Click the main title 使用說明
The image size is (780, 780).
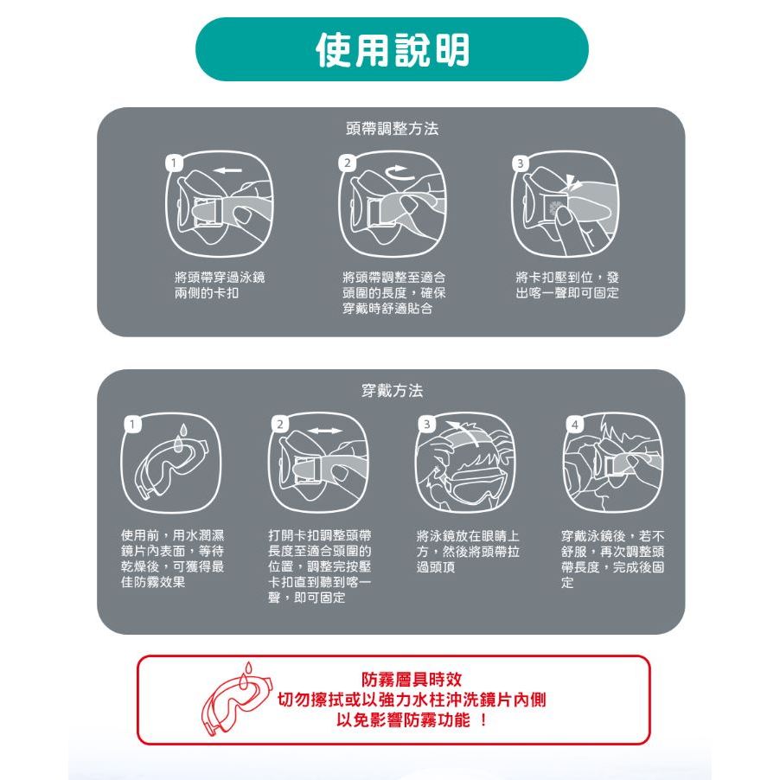pos(393,50)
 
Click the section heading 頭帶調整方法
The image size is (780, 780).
pos(392,129)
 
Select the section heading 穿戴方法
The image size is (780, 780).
pos(392,391)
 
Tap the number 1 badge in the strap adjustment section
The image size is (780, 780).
pos(174,163)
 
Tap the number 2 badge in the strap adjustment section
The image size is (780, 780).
pos(348,163)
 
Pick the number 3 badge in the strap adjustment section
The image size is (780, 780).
pos(521,163)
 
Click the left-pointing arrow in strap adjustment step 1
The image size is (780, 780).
pos(228,170)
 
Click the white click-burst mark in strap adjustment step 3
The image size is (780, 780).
pos(572,183)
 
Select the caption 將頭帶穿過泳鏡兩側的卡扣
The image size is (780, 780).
pos(220,285)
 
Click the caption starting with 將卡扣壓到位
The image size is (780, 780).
pos(567,285)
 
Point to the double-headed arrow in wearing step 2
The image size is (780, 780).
pos(323,431)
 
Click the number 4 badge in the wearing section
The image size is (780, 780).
pos(575,425)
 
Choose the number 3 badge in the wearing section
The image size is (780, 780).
pos(426,425)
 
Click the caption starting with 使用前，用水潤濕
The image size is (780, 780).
pos(173,559)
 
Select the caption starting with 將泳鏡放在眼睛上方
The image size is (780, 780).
pos(468,551)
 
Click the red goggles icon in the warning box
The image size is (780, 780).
pos(237,699)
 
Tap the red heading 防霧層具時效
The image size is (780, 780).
pos(412,679)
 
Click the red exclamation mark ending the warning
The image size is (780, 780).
pos(483,719)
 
